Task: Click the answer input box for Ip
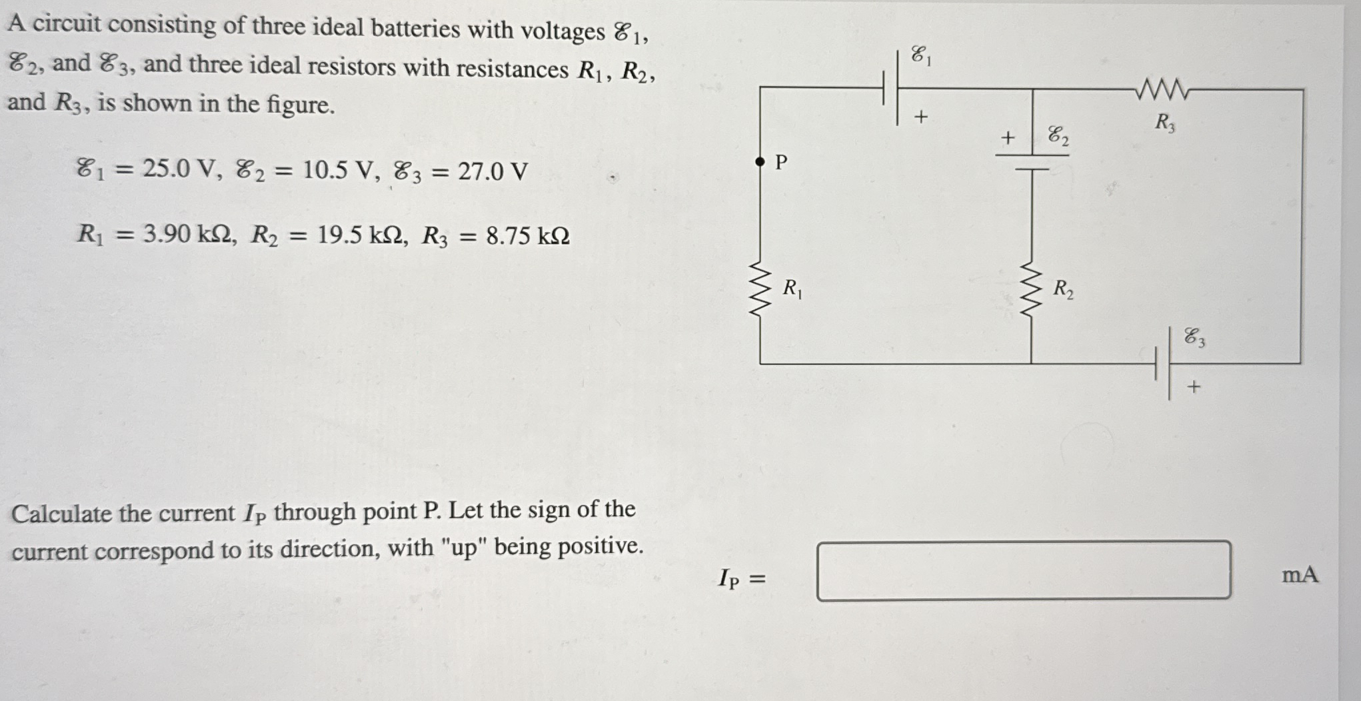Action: (1023, 570)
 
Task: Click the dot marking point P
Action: (760, 161)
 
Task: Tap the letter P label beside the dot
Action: (782, 162)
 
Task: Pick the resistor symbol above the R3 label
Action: (1163, 89)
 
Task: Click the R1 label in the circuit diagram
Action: (792, 289)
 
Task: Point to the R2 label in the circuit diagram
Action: (1062, 289)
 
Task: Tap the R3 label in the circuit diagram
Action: (1164, 123)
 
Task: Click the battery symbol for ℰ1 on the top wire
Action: (890, 87)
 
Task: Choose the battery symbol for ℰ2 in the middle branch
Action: (1032, 162)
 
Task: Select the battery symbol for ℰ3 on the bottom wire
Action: (1163, 364)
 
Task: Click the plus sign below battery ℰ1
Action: (920, 117)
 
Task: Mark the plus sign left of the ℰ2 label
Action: (1008, 138)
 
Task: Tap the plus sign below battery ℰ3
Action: (1194, 386)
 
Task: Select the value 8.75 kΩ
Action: (527, 236)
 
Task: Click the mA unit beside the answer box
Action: (1300, 575)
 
